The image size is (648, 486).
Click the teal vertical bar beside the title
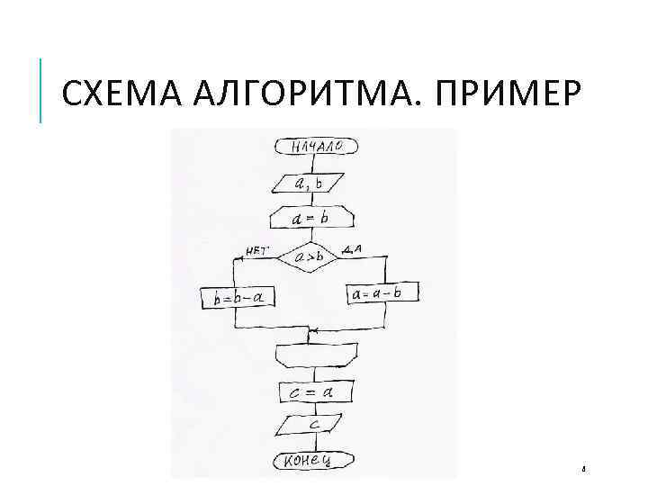tap(41, 90)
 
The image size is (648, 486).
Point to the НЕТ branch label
tap(255, 251)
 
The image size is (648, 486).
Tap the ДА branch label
tap(352, 248)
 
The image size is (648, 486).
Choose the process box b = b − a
tap(237, 296)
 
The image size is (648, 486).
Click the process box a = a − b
tap(382, 293)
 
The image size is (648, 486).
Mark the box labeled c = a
tap(314, 392)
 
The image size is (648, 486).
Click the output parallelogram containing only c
tap(314, 423)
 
